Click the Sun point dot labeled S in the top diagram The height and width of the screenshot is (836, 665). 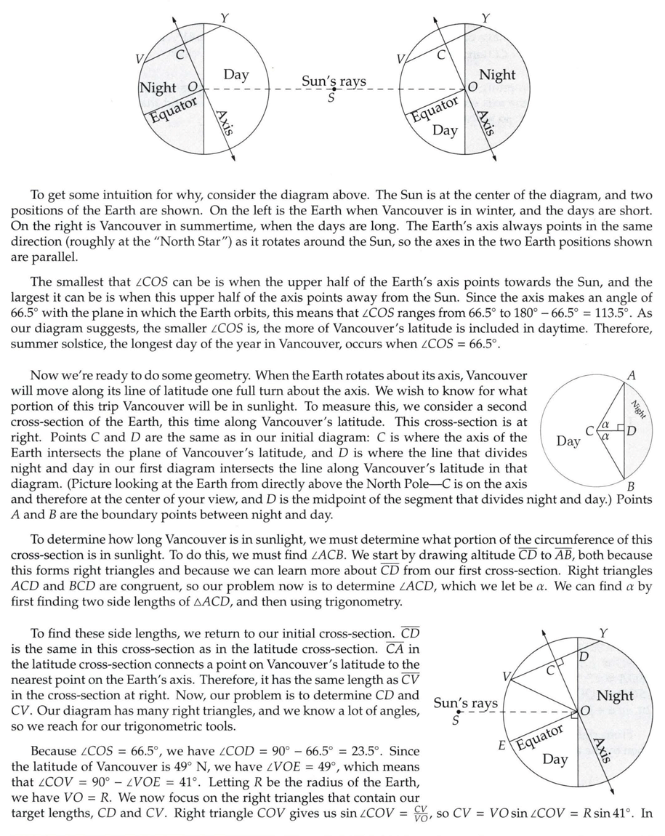coord(334,89)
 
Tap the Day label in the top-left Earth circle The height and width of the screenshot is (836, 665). coord(236,74)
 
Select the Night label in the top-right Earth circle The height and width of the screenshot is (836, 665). coord(497,75)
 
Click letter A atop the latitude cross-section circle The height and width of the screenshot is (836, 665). coord(631,376)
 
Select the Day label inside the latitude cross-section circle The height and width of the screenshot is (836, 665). coord(568,441)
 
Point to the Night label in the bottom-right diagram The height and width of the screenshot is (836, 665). coord(615,696)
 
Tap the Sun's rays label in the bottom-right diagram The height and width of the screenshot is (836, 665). coord(466,703)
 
